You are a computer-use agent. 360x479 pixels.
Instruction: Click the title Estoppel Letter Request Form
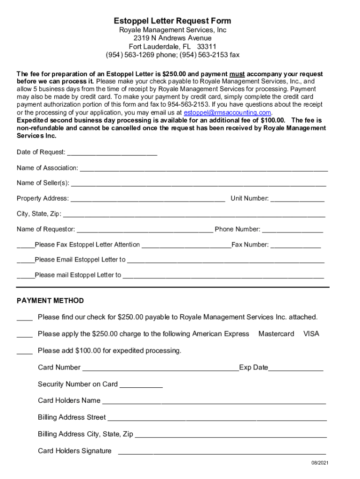pos(173,21)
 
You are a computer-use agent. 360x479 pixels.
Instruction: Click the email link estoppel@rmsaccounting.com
pos(227,113)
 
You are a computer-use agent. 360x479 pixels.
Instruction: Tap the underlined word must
pos(237,74)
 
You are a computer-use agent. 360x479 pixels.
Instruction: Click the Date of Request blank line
pos(112,152)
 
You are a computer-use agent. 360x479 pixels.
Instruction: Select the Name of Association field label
pos(47,168)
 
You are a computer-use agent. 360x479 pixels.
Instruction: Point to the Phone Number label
pos(237,229)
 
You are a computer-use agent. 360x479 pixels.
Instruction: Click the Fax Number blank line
pos(295,245)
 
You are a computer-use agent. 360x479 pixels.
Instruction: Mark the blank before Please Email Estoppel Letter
pos(25,260)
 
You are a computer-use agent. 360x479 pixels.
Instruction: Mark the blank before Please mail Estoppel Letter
pos(25,276)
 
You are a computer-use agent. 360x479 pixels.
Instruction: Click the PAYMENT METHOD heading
pos(50,301)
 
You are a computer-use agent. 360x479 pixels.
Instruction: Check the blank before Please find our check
pos(24,318)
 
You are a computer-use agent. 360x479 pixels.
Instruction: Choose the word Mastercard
pos(276,334)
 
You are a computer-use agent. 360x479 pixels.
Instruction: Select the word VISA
pos(311,334)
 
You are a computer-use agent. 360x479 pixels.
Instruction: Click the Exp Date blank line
pos(295,368)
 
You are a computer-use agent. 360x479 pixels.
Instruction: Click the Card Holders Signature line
pos(222,452)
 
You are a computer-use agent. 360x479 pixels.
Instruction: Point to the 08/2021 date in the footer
pos(321,463)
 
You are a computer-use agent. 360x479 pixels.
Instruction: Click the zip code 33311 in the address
pos(207,46)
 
